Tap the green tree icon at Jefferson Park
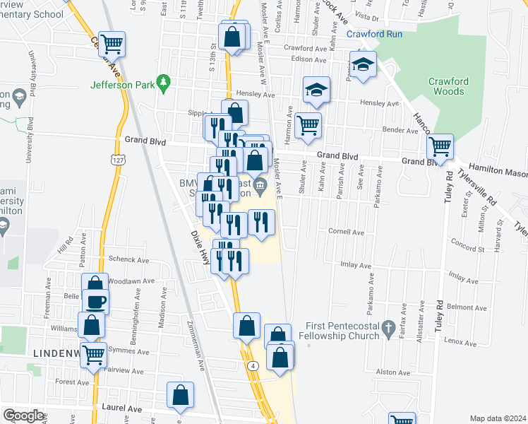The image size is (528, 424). point(163,83)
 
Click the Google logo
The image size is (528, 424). point(23,416)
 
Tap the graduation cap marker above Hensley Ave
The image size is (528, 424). point(317,89)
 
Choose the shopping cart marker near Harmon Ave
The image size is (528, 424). point(308,126)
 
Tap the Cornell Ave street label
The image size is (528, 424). point(346,232)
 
